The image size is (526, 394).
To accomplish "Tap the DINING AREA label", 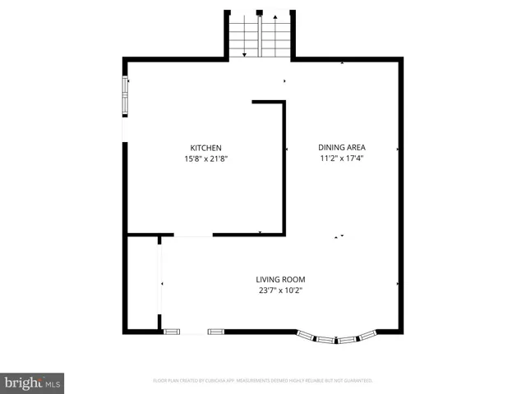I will pyautogui.click(x=342, y=148).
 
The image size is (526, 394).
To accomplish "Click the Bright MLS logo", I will pyautogui.click(x=32, y=383).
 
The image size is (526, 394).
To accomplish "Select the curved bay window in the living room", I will pyautogui.click(x=336, y=337).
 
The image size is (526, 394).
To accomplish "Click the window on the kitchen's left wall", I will pyautogui.click(x=126, y=96).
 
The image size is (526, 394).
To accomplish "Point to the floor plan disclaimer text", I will pyautogui.click(x=263, y=381).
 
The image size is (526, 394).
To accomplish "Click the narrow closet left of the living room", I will pyautogui.click(x=143, y=283).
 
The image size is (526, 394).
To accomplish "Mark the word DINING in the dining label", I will pyautogui.click(x=330, y=148).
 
